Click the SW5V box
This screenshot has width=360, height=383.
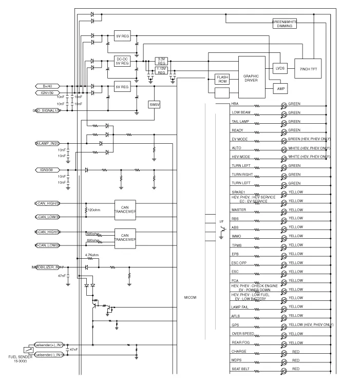tap(155, 104)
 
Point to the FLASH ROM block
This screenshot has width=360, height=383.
tap(222, 80)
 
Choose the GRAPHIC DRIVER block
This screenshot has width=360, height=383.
tap(252, 77)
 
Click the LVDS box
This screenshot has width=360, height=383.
tap(280, 68)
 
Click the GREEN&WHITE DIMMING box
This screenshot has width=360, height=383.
tap(285, 24)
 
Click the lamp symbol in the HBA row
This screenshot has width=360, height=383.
tap(283, 105)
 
